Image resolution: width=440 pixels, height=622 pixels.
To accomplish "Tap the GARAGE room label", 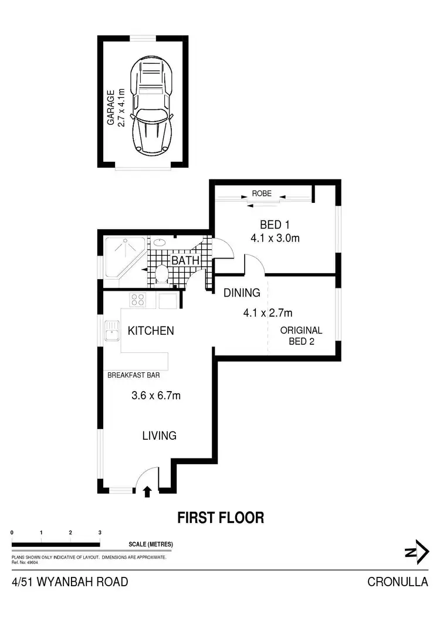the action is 110,107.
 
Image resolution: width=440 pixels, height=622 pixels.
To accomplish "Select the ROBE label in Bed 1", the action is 262,193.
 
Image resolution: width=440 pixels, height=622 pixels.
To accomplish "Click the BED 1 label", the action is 275,225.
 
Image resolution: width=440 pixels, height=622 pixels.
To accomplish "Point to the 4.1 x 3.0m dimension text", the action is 275,238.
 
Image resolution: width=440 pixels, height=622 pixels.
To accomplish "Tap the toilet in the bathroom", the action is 163,274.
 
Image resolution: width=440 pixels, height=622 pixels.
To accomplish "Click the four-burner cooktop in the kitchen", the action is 138,300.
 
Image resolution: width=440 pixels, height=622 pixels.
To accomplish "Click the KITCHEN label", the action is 151,331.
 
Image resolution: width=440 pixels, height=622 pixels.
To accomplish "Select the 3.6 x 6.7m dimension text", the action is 155,395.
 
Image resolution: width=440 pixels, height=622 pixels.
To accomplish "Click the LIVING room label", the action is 160,436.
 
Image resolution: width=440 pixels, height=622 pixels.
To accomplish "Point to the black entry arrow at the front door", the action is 147,492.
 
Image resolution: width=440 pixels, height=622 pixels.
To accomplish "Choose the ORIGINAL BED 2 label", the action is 301,335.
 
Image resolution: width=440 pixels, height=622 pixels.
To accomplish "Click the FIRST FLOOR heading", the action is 221,518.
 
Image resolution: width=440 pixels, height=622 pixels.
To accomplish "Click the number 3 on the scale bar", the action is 100,532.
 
